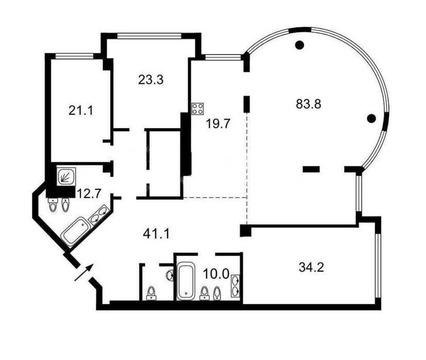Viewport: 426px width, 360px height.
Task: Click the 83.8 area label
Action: coord(308,104)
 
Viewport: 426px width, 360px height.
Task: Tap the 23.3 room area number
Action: coord(151,80)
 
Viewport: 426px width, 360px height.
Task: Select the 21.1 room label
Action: coord(81,111)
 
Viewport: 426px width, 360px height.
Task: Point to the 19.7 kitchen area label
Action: coord(218,124)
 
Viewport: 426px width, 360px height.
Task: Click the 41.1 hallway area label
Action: coord(156,233)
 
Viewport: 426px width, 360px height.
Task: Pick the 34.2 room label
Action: coord(311,267)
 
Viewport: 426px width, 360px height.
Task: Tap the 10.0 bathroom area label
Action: coord(216,274)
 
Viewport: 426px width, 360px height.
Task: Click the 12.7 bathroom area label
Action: coord(90,194)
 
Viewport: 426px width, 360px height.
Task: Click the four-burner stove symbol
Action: coord(198,109)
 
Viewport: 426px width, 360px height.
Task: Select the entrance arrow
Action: coord(84,272)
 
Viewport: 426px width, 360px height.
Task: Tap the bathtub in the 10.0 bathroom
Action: coord(186,281)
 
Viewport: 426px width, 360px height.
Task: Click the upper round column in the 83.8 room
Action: coord(299,45)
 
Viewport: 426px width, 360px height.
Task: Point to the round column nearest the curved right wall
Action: coord(371,118)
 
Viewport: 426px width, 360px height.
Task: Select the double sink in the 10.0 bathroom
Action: coord(235,285)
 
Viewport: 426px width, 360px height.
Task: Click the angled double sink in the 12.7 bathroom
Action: coord(99,214)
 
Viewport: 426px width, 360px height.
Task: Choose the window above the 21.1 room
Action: coord(75,56)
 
